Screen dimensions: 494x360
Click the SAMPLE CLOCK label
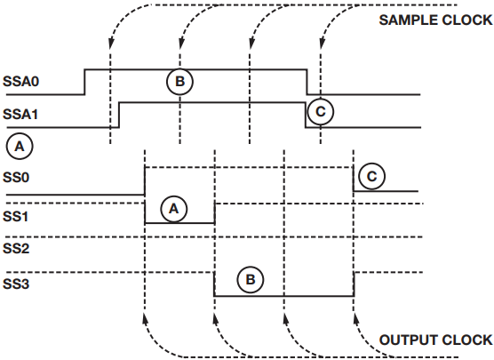point(435,20)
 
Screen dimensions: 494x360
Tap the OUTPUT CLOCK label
point(435,340)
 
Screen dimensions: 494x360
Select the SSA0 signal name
point(20,81)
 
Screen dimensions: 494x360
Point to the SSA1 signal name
point(20,114)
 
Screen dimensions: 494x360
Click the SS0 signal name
point(16,178)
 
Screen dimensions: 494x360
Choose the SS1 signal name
point(15,216)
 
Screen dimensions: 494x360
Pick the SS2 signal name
point(16,248)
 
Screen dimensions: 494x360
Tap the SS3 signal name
point(16,284)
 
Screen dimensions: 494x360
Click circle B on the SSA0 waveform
point(179,81)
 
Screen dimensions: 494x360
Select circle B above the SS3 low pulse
point(251,280)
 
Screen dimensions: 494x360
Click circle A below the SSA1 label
point(20,147)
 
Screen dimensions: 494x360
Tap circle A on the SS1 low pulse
point(174,209)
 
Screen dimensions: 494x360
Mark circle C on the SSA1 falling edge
point(321,112)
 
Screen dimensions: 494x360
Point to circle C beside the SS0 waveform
point(372,176)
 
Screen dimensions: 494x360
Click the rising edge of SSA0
point(84,82)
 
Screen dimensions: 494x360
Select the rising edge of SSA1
point(119,115)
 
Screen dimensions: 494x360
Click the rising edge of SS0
point(145,181)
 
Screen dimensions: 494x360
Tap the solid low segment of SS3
point(284,296)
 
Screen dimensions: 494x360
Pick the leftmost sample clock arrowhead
point(110,44)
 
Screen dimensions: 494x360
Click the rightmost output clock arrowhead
point(356,319)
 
